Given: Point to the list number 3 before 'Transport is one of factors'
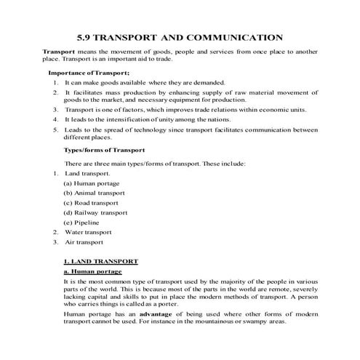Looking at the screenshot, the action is pos(55,110).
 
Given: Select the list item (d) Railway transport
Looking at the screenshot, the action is pos(95,212).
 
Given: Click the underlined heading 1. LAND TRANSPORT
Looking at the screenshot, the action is pos(100,260).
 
